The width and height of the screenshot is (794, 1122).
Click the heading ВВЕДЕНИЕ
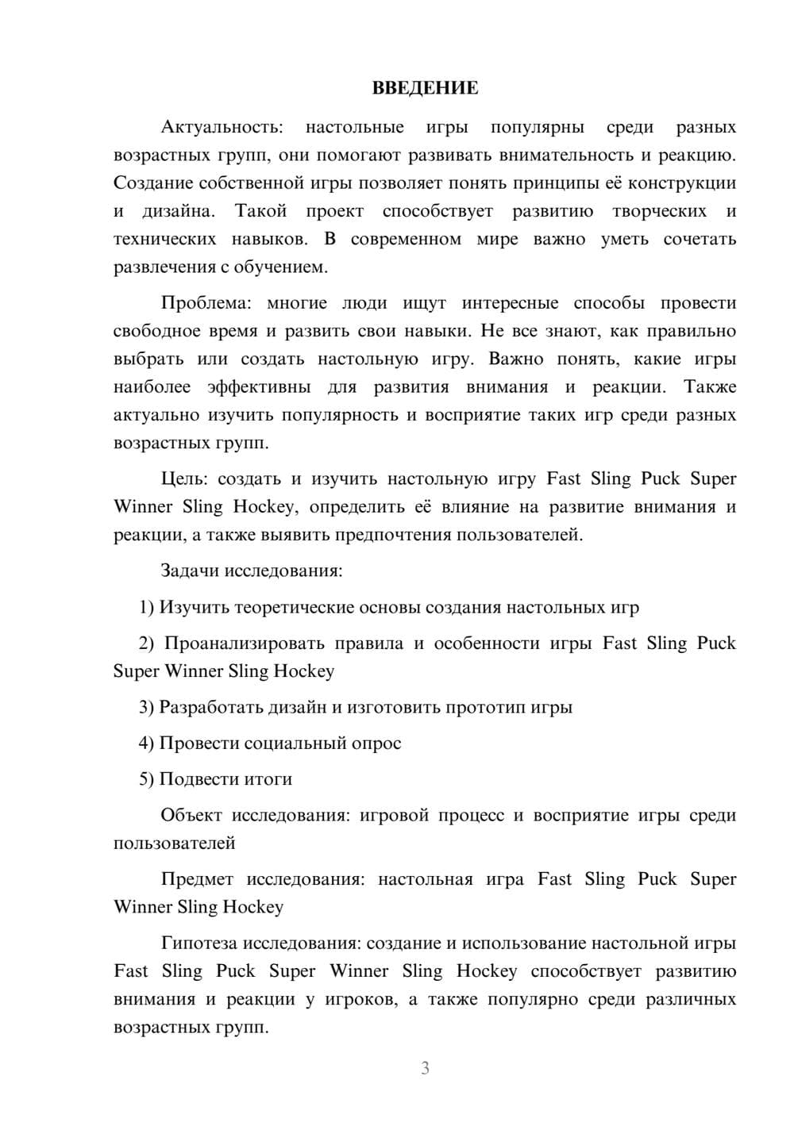tap(425, 88)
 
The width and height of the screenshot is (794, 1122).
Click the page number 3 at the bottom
tap(425, 1068)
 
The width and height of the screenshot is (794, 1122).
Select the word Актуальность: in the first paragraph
tap(221, 127)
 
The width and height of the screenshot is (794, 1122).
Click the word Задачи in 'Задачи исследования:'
tap(190, 571)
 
